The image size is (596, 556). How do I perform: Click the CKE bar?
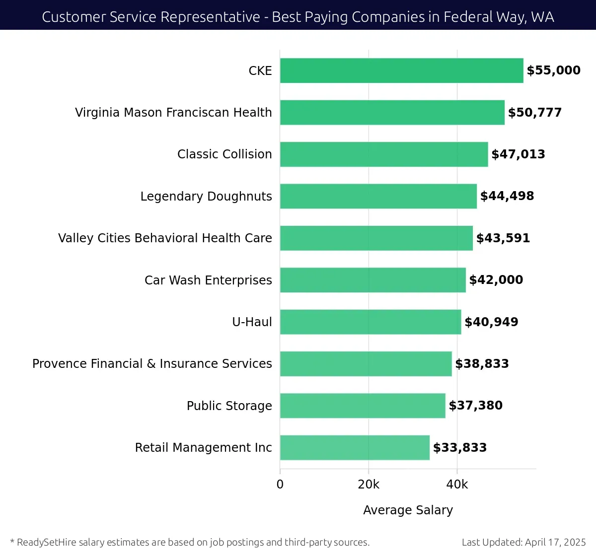401,70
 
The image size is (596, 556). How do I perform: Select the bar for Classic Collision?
384,154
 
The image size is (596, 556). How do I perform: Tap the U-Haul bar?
371,322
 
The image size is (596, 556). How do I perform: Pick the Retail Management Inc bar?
355,447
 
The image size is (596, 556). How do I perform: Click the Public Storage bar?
363,406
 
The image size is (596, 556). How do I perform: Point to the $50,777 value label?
535,113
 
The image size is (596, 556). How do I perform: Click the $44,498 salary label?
507,196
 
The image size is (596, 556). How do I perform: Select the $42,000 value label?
496,280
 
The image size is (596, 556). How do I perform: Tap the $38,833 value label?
482,364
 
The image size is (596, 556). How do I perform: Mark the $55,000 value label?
553,70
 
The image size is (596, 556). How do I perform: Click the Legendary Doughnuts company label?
206,197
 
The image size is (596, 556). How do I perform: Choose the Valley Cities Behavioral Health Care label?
165,238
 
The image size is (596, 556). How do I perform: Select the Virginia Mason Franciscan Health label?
173,113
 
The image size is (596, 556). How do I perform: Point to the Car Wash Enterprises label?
208,280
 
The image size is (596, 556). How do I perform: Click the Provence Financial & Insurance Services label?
152,364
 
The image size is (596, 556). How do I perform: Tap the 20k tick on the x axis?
369,485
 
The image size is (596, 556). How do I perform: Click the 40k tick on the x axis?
457,485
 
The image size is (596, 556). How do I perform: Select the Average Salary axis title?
408,510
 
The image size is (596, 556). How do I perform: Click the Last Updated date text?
523,542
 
